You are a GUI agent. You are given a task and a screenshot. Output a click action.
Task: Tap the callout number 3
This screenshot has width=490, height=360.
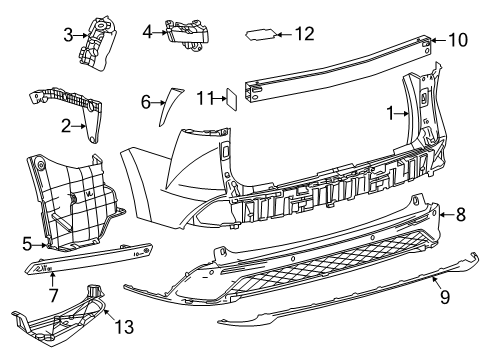pos(68,36)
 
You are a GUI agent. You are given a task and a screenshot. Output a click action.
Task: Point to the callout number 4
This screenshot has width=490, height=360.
pos(147,32)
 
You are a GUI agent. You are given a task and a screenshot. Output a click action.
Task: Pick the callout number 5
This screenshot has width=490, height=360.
pos(26,240)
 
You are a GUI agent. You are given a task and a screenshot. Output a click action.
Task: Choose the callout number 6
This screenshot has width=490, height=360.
pos(146,101)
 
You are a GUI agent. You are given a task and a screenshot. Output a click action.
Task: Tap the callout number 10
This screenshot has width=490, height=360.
pos(457,40)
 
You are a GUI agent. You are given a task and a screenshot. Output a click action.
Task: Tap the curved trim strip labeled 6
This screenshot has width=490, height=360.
pos(164,104)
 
